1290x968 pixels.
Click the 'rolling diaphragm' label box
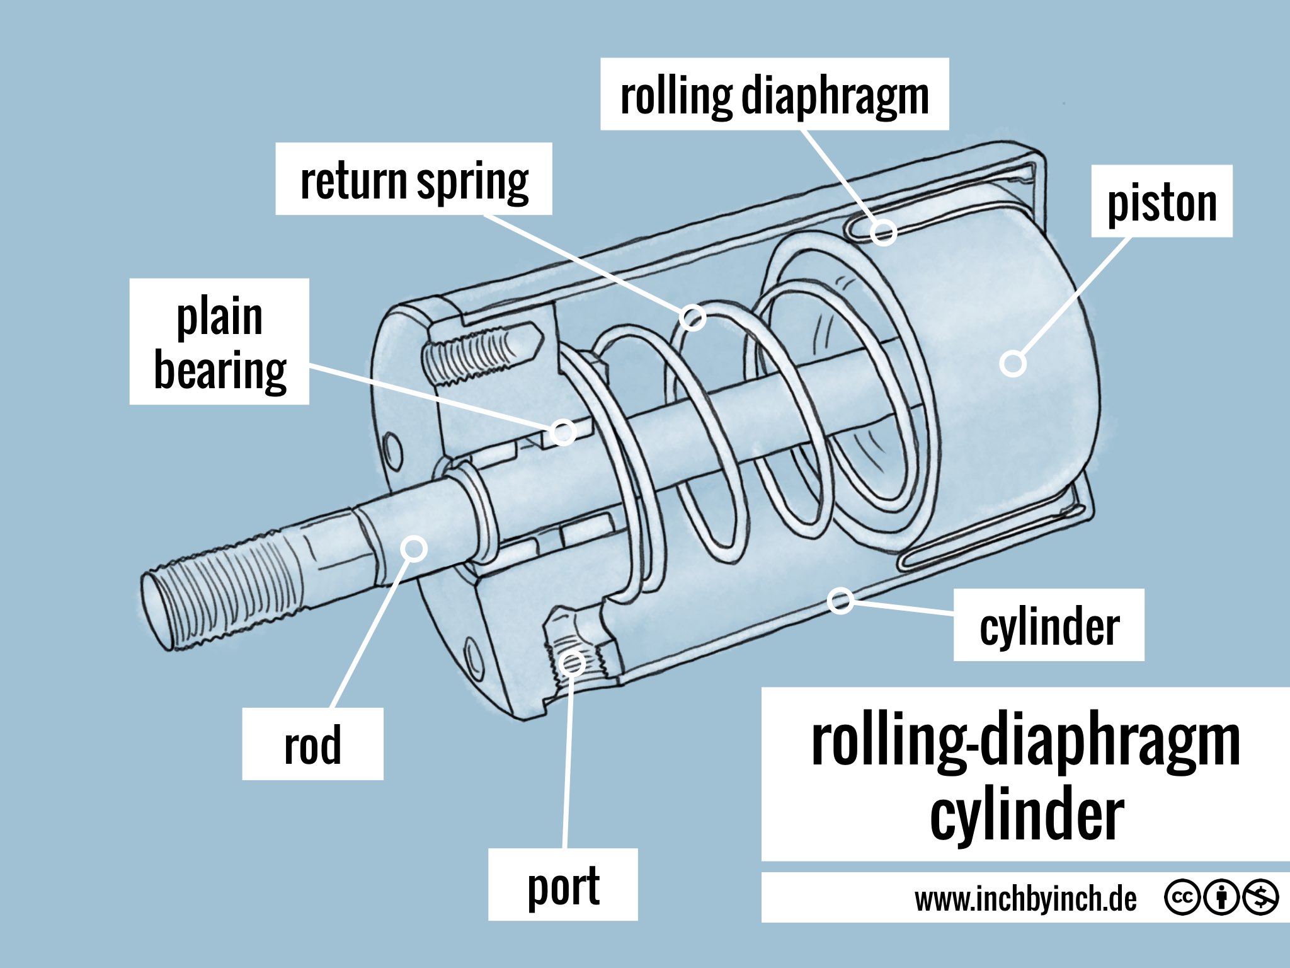(774, 95)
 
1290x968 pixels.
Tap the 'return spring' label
(414, 179)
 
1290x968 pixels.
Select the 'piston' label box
(1162, 202)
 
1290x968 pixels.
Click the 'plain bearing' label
(219, 342)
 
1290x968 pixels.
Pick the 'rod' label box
(312, 744)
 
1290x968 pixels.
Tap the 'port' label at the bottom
(562, 885)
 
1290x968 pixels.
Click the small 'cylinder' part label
(1049, 625)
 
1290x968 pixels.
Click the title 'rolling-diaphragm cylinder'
(1025, 775)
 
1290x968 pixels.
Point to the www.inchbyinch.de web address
(1025, 898)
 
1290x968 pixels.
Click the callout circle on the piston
(1013, 364)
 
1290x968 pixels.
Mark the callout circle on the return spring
(693, 317)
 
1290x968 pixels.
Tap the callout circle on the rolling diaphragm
(884, 232)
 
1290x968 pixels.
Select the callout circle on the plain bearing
(562, 432)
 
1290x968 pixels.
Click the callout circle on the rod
(414, 548)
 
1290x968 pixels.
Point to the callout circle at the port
(573, 662)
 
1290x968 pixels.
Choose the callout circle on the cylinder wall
(840, 600)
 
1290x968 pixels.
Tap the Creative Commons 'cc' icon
(1182, 897)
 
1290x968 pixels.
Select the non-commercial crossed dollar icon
(1260, 897)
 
